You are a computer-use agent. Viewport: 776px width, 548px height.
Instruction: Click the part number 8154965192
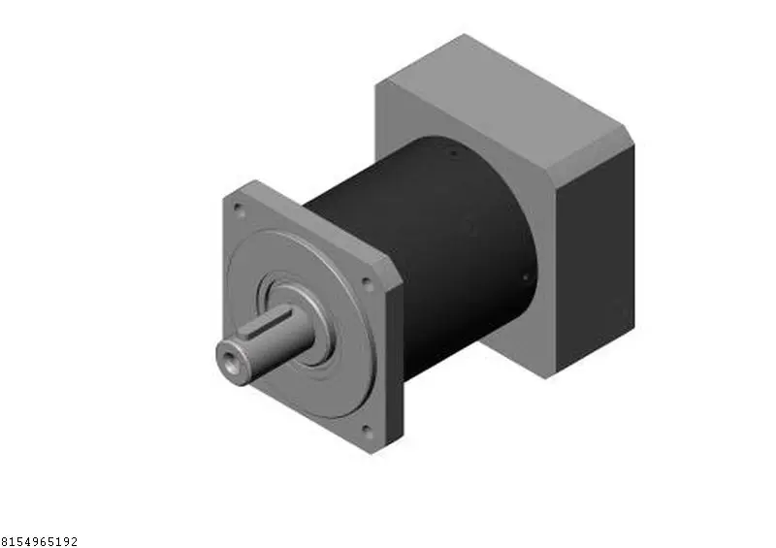coord(39,541)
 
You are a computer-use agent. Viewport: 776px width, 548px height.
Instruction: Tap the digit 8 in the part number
coord(5,541)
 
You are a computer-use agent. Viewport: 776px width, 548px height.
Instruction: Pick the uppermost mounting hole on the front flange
coord(238,209)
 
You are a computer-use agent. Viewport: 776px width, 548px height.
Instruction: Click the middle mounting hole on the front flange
coord(367,282)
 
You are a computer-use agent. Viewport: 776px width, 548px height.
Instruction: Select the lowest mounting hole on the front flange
coord(367,430)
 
